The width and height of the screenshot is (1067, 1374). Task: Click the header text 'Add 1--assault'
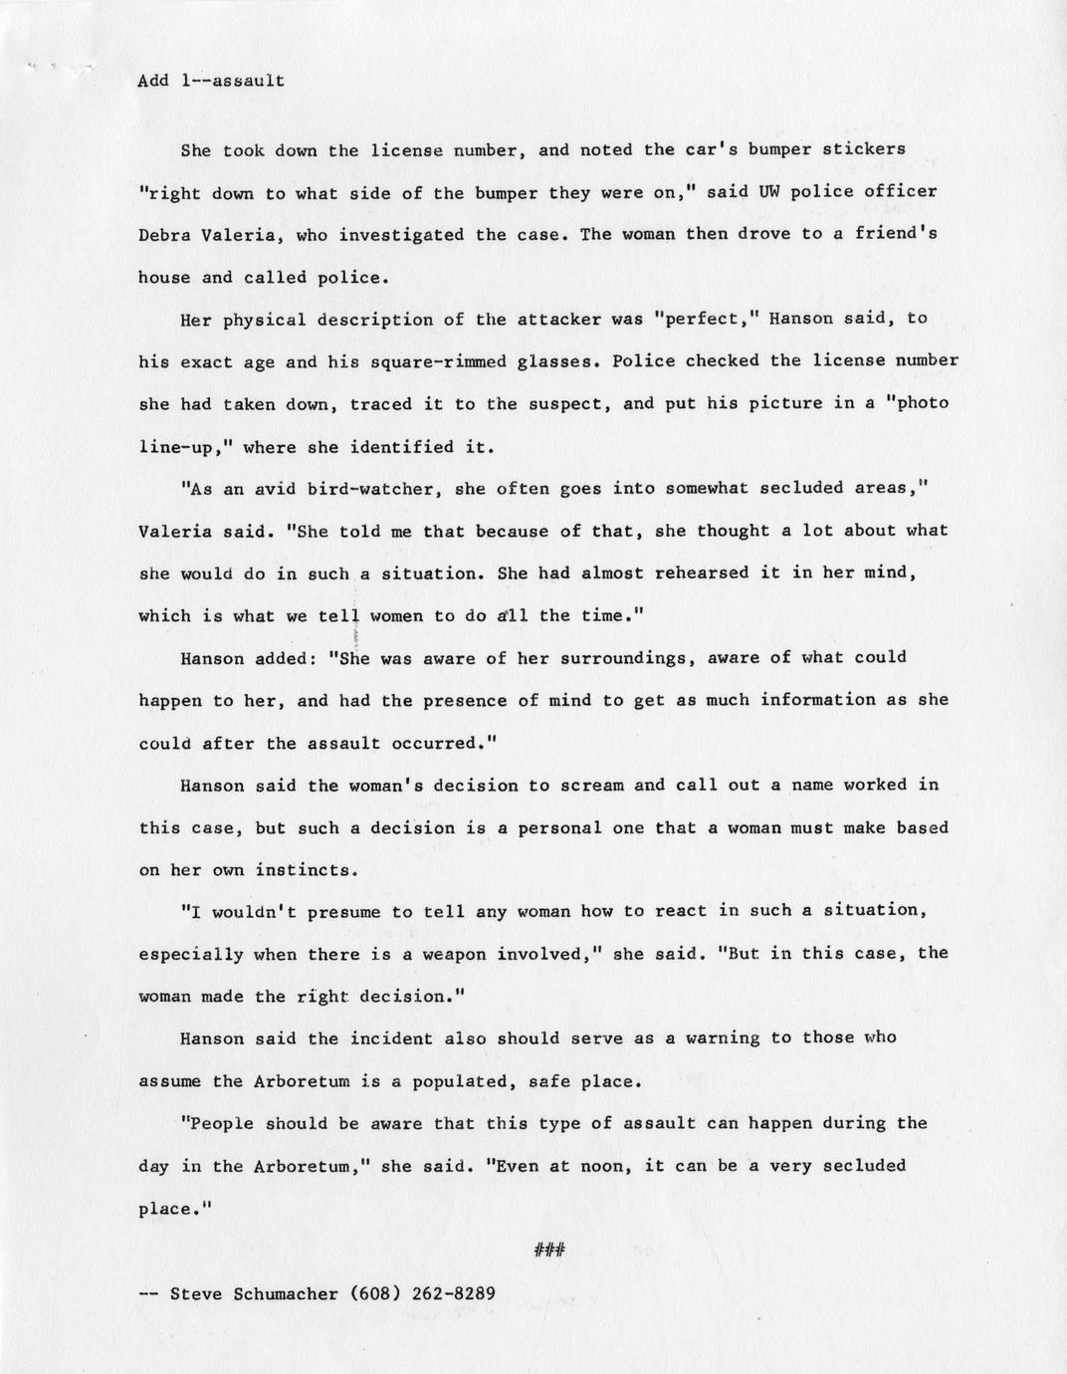(x=211, y=81)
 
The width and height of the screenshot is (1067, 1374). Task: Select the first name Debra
(x=164, y=235)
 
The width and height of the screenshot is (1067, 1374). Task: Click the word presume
(x=333, y=911)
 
